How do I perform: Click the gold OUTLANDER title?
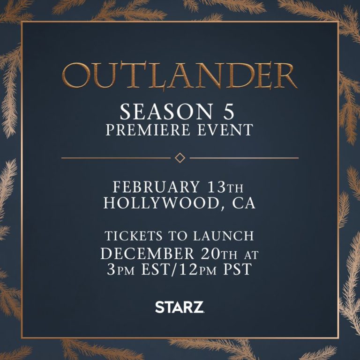coord(180,75)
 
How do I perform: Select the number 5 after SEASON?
coord(229,112)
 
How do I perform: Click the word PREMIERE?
coord(148,130)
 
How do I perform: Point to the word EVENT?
coord(225,130)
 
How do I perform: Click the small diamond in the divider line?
coord(180,158)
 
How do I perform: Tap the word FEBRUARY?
coord(156,187)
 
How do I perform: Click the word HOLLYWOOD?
coord(161,202)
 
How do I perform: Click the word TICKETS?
coord(134,236)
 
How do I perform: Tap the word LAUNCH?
coord(224,236)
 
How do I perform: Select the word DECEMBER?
coord(147,254)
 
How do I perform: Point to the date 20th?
coord(219,254)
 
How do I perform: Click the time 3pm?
coord(121,269)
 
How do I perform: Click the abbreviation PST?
coord(238,269)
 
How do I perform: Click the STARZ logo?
coord(180,307)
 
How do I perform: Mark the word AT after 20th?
coord(251,255)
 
